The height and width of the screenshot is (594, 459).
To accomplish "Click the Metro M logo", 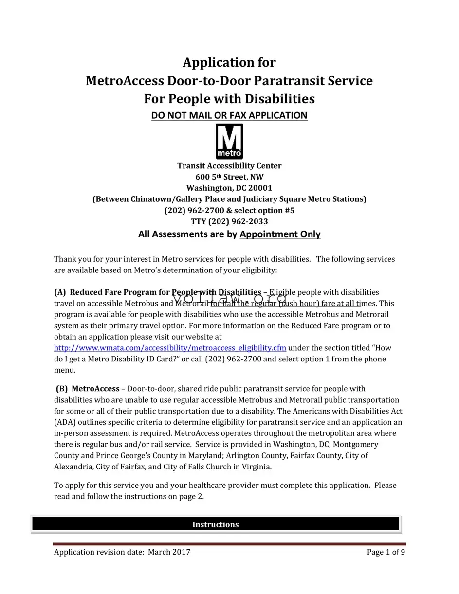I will [x=229, y=141].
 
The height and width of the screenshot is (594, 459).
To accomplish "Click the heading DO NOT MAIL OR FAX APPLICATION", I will [x=229, y=115].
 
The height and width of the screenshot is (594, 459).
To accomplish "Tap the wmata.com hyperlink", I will [x=170, y=348].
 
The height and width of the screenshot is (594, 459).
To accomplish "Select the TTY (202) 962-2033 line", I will [x=229, y=221].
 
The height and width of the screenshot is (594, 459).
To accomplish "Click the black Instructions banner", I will [x=215, y=524].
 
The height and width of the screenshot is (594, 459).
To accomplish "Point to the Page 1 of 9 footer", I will [x=386, y=552].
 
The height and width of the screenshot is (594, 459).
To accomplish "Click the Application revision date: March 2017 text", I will [x=122, y=552].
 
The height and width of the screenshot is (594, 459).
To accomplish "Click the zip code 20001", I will [x=260, y=188].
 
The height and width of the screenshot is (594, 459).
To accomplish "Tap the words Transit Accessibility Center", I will [x=229, y=166].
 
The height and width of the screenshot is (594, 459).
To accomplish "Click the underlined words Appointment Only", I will [x=280, y=234].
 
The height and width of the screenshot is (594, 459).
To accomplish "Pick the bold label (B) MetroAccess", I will [x=88, y=389].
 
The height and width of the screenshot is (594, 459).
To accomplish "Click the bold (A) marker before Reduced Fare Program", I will [x=60, y=292].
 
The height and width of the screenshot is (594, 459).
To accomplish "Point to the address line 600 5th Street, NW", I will [x=229, y=177].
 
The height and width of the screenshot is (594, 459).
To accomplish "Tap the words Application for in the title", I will [x=229, y=62].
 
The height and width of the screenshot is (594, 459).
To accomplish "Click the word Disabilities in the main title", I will [x=279, y=99].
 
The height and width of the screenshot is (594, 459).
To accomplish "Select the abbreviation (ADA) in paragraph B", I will [x=64, y=422].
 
